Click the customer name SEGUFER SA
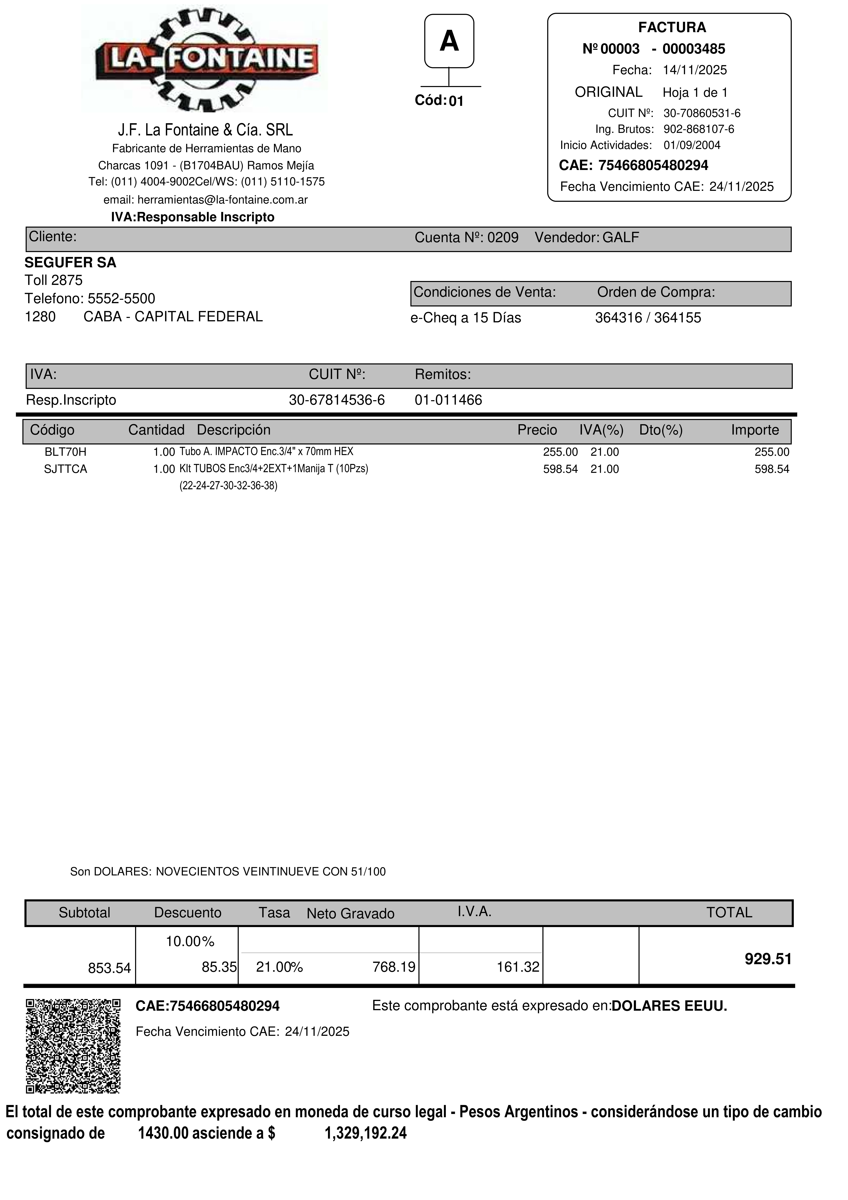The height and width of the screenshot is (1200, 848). [70, 262]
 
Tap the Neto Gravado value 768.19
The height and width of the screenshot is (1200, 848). [393, 967]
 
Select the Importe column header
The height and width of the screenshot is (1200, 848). [754, 430]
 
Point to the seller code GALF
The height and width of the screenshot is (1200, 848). [621, 238]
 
